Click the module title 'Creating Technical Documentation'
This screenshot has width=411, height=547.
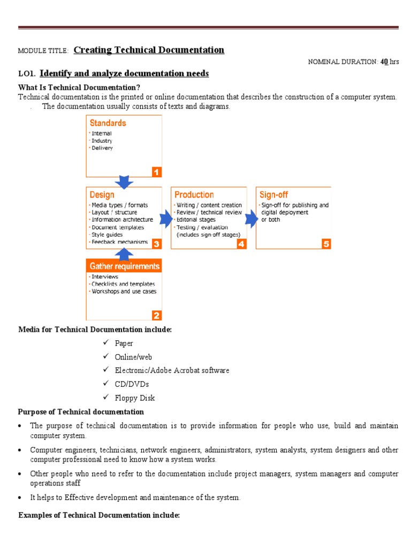click(x=149, y=50)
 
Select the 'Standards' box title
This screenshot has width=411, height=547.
click(x=108, y=123)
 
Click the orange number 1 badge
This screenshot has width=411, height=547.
click(x=156, y=171)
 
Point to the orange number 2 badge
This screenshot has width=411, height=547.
click(x=156, y=315)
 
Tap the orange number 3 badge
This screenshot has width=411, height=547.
click(x=156, y=244)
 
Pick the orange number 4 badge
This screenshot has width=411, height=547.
click(x=241, y=244)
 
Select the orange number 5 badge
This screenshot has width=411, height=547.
click(x=326, y=244)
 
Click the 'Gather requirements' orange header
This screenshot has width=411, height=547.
click(x=124, y=266)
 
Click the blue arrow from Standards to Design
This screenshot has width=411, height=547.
click(x=124, y=182)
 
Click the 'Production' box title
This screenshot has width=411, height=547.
click(x=194, y=195)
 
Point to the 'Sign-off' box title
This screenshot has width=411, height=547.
click(x=274, y=195)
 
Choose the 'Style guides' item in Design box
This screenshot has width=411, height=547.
click(x=107, y=235)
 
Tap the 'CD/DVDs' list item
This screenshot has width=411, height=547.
click(x=132, y=384)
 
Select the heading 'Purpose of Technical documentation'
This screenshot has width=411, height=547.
click(x=81, y=412)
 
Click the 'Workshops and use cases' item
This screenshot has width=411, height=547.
click(x=124, y=292)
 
